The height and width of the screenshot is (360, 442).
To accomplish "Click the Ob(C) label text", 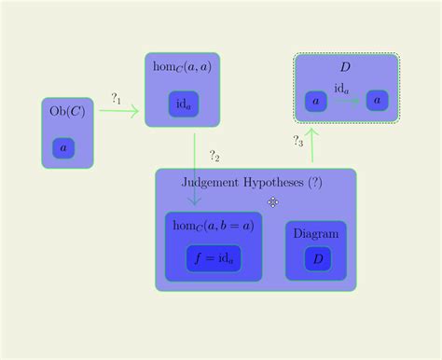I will [66, 112].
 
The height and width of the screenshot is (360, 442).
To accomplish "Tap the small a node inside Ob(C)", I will [63, 147].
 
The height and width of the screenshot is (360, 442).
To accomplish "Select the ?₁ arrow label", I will [117, 98].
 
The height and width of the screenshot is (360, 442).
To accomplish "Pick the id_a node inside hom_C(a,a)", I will [184, 105].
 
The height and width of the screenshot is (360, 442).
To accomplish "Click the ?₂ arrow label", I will [214, 156].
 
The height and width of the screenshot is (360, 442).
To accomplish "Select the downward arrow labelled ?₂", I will [194, 168].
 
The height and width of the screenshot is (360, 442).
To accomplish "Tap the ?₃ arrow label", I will [298, 142].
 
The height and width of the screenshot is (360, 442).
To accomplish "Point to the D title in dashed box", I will [345, 67].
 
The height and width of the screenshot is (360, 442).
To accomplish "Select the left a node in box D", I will [316, 100].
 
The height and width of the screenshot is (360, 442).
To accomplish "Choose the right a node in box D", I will [377, 100].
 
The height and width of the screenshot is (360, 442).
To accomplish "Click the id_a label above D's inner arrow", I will [342, 89].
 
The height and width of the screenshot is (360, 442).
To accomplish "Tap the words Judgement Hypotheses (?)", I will [252, 183].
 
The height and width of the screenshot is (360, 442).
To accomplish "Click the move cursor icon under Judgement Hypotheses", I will [273, 201].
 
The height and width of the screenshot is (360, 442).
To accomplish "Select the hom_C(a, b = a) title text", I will [214, 225].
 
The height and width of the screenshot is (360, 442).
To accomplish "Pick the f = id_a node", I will [214, 258].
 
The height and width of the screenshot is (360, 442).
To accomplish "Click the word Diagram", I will [316, 233].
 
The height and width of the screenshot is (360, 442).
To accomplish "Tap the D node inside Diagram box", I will [318, 259].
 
